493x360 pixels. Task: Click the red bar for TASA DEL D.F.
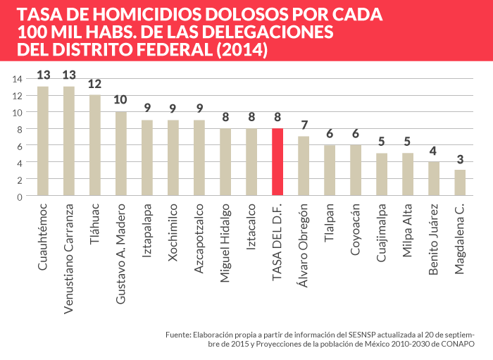click(x=277, y=162)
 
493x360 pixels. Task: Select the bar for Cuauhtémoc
click(x=43, y=141)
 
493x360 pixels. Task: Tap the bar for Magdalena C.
click(x=460, y=182)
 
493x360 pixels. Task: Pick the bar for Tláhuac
click(x=95, y=145)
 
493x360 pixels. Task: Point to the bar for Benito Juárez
click(x=434, y=179)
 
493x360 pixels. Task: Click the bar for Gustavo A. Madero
click(x=121, y=154)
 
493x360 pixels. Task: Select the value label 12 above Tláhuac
click(x=95, y=84)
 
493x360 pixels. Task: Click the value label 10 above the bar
click(x=121, y=100)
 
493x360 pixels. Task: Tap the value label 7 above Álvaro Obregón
click(x=304, y=125)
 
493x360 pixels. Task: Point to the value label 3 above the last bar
click(x=460, y=159)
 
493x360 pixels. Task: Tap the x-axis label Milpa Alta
click(x=408, y=229)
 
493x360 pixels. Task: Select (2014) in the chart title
click(x=242, y=50)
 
